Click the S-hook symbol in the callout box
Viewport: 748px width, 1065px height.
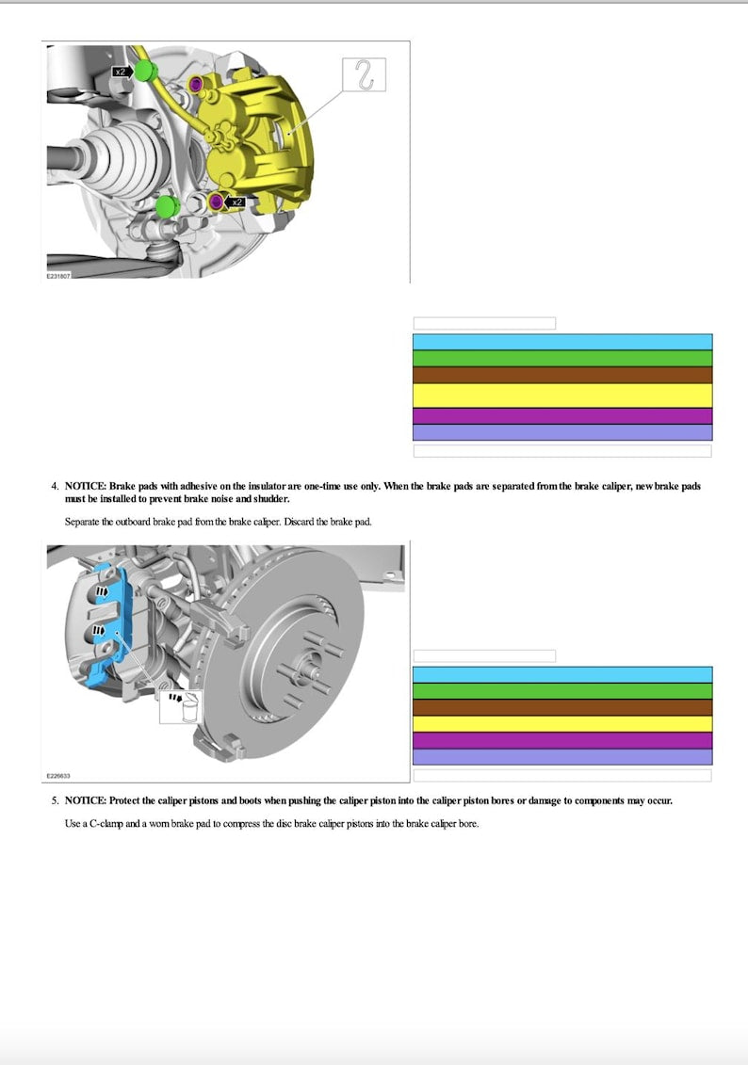coord(364,75)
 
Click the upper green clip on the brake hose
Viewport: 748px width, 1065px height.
coord(145,71)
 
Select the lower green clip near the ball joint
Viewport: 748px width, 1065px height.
coord(167,206)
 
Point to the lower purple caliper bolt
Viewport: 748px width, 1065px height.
coord(217,202)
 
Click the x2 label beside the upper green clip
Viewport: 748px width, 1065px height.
coord(121,71)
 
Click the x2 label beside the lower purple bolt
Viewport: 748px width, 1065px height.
coord(237,202)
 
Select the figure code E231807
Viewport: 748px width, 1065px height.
coord(57,277)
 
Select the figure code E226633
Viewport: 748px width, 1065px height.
coord(57,777)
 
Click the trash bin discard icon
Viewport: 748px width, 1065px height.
coord(190,707)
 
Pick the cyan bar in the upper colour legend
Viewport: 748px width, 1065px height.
coord(562,342)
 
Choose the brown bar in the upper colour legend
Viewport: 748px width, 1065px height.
coord(562,375)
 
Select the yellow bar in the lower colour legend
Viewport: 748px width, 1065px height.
coord(562,723)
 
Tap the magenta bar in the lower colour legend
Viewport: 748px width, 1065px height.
coord(562,740)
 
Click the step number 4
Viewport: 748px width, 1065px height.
coord(54,486)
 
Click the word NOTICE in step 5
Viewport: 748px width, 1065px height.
coord(85,800)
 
